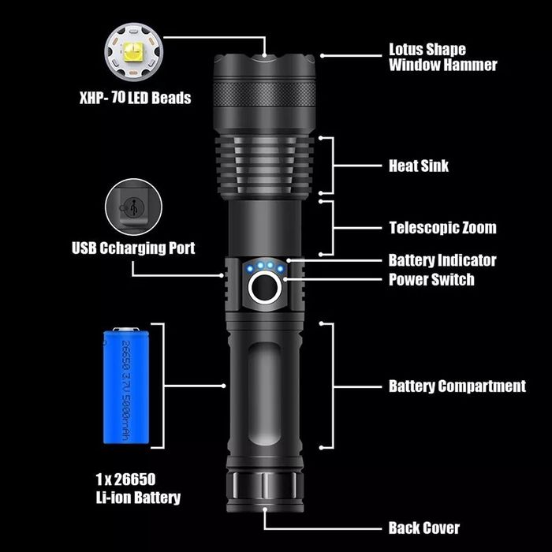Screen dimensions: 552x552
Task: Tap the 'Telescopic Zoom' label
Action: click(x=442, y=228)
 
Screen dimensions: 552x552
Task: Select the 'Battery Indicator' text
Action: click(x=442, y=260)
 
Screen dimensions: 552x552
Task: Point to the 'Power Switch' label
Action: click(x=431, y=279)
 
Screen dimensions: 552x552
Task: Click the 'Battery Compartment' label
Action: click(x=457, y=386)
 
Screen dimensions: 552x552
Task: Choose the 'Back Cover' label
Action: click(x=423, y=528)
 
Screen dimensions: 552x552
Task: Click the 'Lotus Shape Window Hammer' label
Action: click(x=442, y=58)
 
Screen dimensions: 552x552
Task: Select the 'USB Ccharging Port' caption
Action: click(x=133, y=248)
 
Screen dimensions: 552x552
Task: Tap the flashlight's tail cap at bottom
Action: click(x=264, y=485)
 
